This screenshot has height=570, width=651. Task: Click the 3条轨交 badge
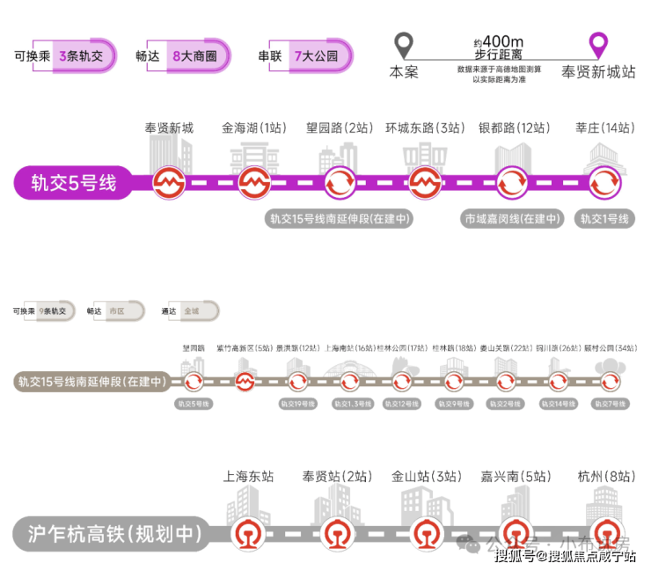82,56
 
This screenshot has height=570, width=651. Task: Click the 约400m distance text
499,41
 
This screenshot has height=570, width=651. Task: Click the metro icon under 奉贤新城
169,183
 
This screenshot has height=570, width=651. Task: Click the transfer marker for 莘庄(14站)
605,183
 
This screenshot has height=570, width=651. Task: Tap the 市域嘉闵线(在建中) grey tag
513,219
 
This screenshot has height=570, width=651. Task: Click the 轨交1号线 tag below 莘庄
605,219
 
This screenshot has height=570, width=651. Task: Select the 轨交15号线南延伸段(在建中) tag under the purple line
340,219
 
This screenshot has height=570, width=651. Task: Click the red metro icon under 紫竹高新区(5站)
245,382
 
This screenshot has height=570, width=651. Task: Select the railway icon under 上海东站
247,533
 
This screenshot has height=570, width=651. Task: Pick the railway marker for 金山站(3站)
427,533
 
